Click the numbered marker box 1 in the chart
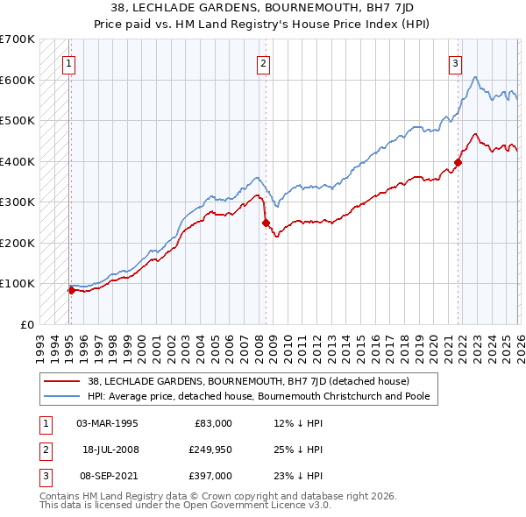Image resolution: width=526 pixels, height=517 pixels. [68, 62]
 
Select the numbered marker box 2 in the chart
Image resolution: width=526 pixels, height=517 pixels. [263, 62]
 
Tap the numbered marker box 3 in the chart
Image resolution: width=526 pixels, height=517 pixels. [456, 62]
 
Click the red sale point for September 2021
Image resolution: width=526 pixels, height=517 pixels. [458, 162]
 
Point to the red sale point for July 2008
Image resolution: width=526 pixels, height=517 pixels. [266, 223]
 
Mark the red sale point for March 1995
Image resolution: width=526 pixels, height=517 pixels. [71, 290]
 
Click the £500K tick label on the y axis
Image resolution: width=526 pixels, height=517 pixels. [18, 120]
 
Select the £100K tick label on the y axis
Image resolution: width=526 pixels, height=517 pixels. [18, 283]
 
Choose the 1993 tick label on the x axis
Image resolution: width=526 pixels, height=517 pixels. [40, 342]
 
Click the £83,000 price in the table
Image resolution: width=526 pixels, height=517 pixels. [213, 423]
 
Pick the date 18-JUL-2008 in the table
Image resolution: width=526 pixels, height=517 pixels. [110, 450]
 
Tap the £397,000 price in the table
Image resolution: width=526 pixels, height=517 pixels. [211, 476]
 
